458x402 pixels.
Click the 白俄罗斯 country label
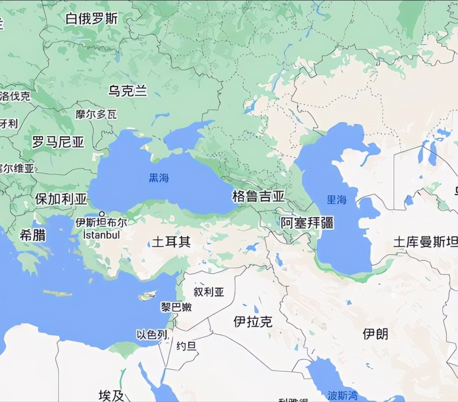pos(92,19)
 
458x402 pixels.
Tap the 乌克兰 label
pos(128,91)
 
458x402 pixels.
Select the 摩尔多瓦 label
pos(96,114)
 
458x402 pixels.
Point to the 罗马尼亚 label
pos(58,143)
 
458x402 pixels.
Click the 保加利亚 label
pos(61,199)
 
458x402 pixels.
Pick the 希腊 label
pos(33,235)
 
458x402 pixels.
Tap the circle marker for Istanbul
pos(102,214)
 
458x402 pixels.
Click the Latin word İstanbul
pos(101,235)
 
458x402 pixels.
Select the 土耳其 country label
pos(171,242)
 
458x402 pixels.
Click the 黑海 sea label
pos(159,178)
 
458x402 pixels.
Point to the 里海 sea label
pos(337,200)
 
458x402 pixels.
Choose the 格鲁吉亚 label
pos(258,197)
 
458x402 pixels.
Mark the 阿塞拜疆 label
pos(307,223)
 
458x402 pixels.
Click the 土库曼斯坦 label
pos(425,242)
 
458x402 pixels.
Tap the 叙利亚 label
pos(209,292)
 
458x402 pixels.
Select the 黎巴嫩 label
pos(176,307)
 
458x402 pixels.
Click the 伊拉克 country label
pos(252,322)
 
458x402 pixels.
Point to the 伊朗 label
pos(375,334)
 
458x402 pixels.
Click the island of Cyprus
pos(147,296)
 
